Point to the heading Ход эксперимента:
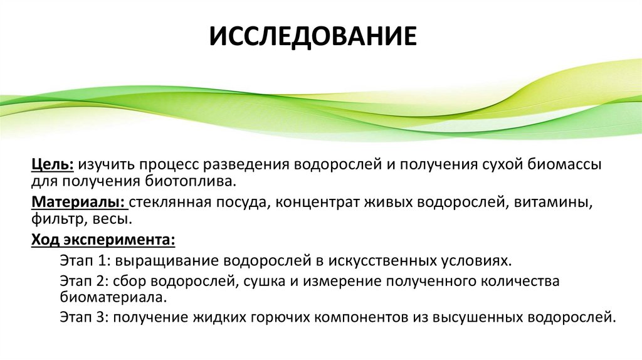tap(103, 240)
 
